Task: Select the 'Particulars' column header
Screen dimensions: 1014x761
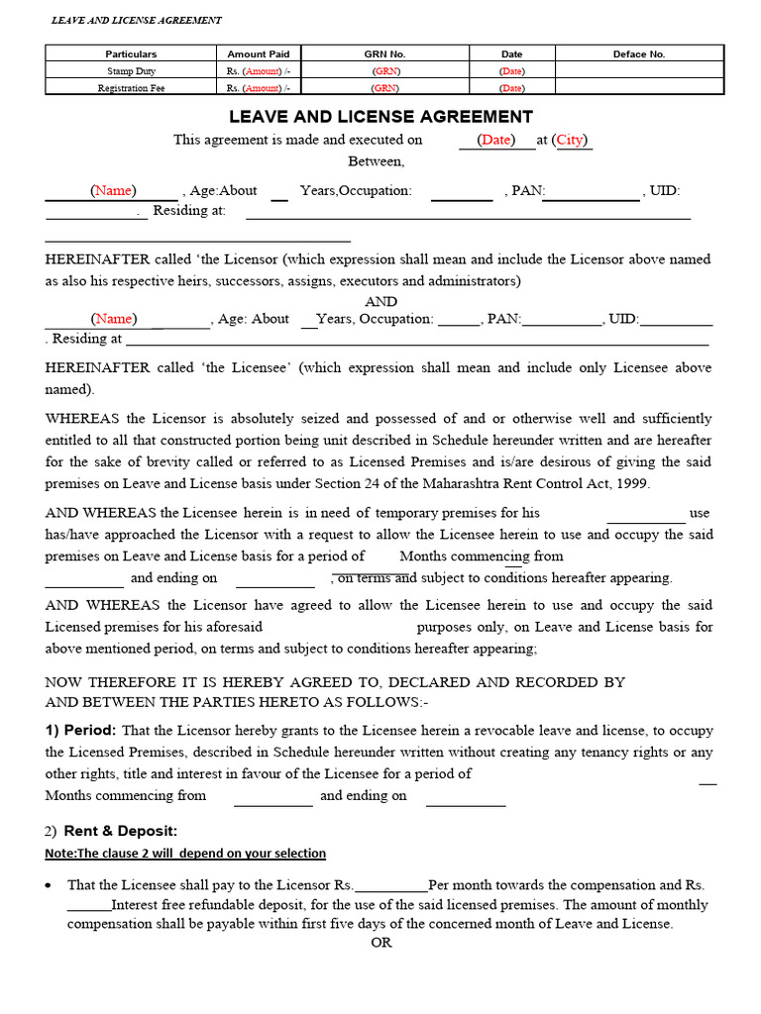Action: [132, 54]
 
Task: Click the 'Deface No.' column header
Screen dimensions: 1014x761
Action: [639, 54]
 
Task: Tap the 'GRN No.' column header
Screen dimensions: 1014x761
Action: [385, 54]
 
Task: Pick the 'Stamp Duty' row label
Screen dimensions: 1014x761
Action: [132, 71]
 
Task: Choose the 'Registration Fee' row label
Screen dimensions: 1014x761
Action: [132, 87]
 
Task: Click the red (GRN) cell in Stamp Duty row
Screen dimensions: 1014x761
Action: [385, 71]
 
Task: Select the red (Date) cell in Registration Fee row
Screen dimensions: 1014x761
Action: [511, 87]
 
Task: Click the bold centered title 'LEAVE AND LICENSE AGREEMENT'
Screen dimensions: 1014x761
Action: [380, 117]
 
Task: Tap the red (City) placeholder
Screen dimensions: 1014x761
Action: [570, 140]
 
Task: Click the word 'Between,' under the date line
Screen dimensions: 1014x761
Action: [376, 160]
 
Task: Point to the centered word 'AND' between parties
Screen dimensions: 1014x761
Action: [381, 301]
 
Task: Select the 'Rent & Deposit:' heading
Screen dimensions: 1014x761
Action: [121, 831]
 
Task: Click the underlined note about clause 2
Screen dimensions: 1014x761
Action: [185, 854]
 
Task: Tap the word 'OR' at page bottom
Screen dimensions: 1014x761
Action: [381, 943]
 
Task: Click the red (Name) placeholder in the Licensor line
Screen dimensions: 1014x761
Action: [113, 190]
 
